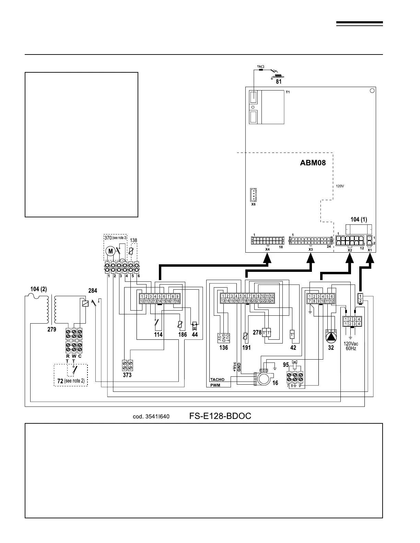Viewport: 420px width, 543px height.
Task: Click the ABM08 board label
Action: tap(313, 163)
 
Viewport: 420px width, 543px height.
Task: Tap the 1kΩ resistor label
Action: tap(260, 66)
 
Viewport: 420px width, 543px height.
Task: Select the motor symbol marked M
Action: tap(110, 251)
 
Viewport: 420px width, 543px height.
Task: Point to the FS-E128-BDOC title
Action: tap(220, 416)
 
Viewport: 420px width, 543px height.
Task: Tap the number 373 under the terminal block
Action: tap(127, 375)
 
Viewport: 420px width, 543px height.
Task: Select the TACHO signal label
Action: tap(217, 380)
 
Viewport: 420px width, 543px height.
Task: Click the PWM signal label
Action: tap(215, 385)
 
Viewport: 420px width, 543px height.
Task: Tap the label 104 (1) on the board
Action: tap(359, 219)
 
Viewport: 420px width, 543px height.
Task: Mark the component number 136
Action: tap(223, 348)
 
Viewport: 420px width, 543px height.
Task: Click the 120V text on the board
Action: tap(339, 186)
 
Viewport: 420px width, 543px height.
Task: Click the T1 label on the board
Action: tap(288, 93)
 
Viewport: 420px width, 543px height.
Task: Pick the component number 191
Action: tap(246, 348)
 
